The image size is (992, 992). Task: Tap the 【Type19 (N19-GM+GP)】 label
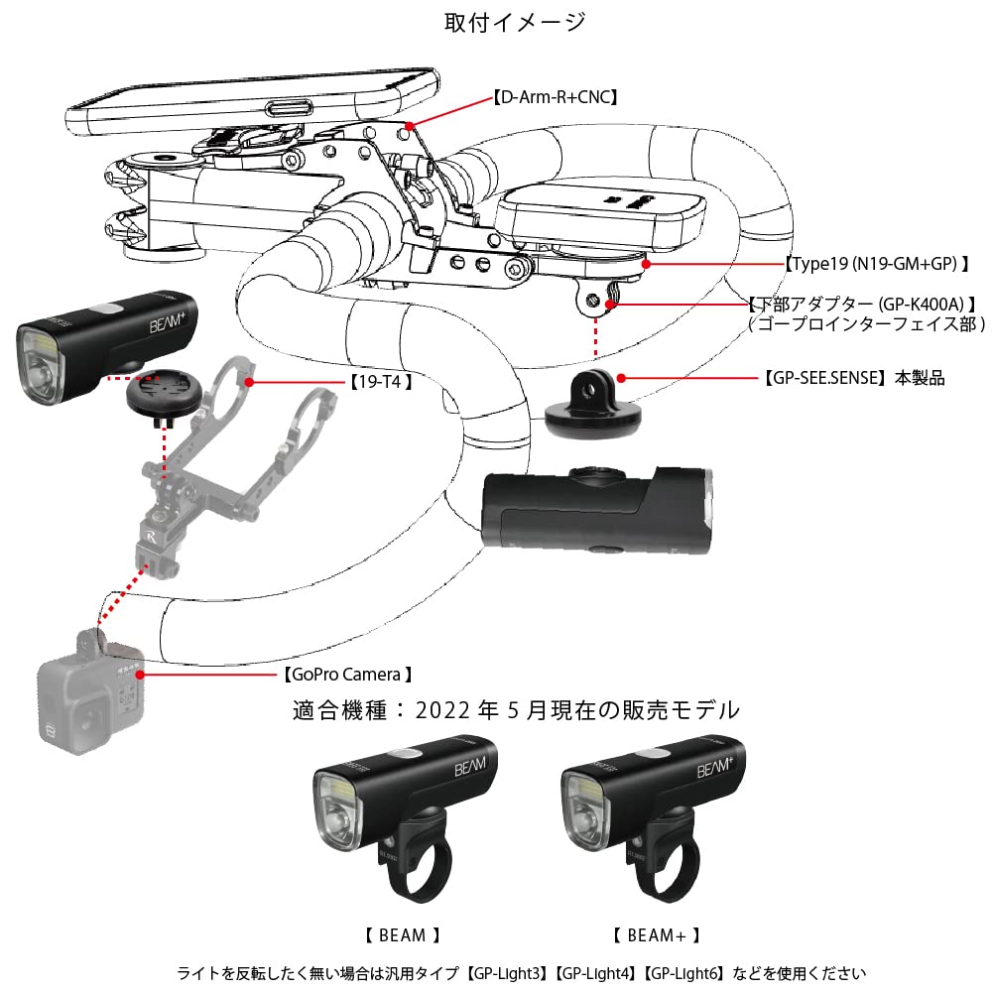coord(876,265)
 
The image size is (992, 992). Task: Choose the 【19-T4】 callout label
coord(381,381)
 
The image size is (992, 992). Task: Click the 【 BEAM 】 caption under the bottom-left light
coord(401,934)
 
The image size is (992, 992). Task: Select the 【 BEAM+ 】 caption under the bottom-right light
coord(656,934)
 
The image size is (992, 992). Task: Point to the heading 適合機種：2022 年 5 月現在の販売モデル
coord(516,710)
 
